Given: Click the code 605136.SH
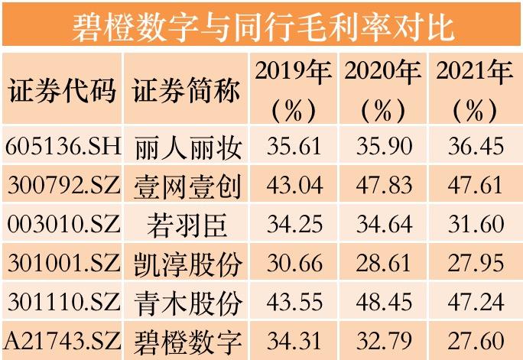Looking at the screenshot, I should pyautogui.click(x=63, y=145).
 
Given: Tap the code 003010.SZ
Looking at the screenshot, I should pyautogui.click(x=63, y=224).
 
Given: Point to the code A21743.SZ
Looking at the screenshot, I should pyautogui.click(x=63, y=339).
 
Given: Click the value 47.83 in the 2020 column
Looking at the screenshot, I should pyautogui.click(x=383, y=185).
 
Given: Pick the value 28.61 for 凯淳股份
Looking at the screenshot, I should pyautogui.click(x=383, y=263).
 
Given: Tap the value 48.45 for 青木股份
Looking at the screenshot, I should pyautogui.click(x=383, y=301).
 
